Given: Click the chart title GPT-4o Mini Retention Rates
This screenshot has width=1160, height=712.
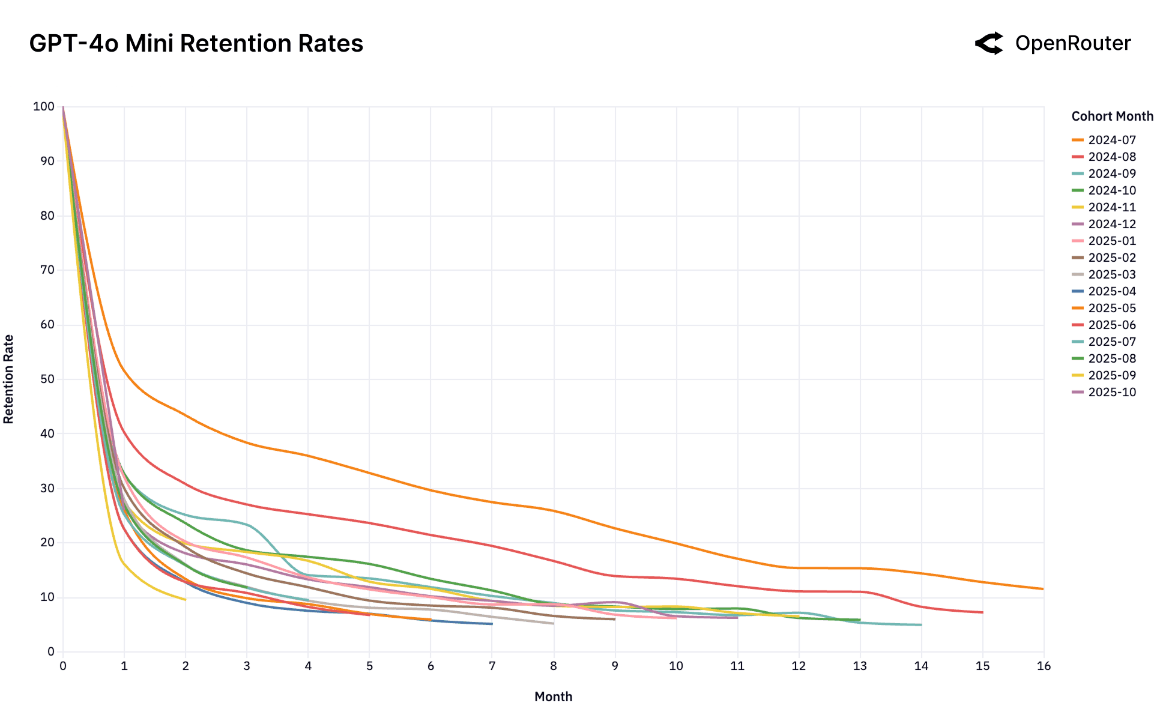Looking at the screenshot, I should (x=196, y=44).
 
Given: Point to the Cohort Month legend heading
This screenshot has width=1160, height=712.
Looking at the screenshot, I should (x=1112, y=116).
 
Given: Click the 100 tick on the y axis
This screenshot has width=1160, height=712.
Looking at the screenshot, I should (x=44, y=107).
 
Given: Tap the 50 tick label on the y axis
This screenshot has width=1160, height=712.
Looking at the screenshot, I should (x=46, y=379).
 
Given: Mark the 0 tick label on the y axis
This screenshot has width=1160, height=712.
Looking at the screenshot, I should (x=51, y=652).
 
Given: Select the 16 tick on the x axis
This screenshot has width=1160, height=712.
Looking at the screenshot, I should (x=1044, y=666).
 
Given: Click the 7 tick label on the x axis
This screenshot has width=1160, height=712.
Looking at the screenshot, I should (x=492, y=666).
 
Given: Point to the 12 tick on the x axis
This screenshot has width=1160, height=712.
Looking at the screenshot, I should (x=799, y=666).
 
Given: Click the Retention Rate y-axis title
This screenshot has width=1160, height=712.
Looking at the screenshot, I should (x=8, y=379).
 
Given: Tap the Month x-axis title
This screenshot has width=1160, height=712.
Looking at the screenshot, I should (x=553, y=697).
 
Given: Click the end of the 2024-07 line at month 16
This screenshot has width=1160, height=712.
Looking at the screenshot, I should (x=1043, y=589).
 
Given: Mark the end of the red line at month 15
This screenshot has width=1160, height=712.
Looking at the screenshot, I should (x=982, y=612).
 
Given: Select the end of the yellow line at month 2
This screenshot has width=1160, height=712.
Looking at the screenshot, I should (x=185, y=599).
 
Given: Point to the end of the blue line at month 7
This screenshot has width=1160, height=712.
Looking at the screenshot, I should (x=492, y=624).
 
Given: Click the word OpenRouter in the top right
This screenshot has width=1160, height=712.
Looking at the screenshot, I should (x=1073, y=43).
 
